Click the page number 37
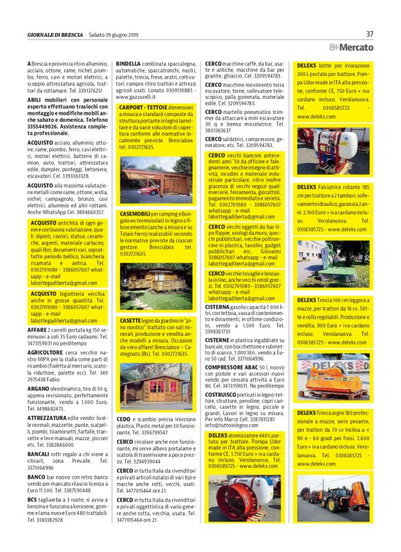(370, 33)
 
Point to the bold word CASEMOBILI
(136, 216)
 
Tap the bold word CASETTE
(131, 321)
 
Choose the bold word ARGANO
(39, 389)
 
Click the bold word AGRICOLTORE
(46, 352)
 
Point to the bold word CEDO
(124, 419)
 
